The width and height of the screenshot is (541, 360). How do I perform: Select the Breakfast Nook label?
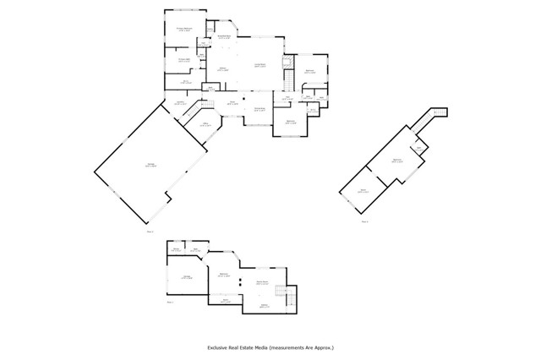(226, 37)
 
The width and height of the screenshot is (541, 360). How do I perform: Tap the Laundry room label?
(180, 103)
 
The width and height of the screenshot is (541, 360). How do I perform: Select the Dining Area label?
(260, 108)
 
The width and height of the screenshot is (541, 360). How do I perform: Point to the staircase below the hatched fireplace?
(289, 80)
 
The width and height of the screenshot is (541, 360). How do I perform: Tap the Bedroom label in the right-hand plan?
(396, 161)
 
